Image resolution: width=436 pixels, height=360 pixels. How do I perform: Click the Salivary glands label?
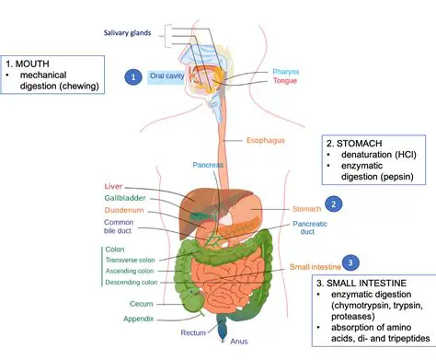[128, 34]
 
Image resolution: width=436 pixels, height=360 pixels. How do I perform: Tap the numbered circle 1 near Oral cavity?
[134, 76]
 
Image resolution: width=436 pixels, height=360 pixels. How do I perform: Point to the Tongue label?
[287, 82]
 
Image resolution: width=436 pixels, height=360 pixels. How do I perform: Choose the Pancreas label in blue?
[208, 166]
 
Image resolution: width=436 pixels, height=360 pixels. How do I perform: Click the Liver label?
[113, 186]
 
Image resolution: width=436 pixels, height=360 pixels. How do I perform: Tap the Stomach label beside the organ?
[306, 209]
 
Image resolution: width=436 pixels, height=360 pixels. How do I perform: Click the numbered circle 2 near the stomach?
[335, 203]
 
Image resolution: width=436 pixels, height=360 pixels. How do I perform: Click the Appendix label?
[140, 319]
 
